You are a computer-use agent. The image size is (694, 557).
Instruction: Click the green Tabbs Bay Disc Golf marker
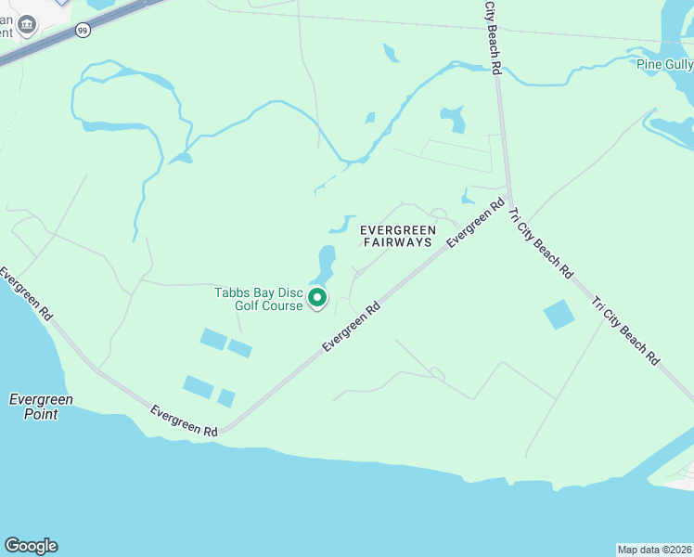tap(317, 298)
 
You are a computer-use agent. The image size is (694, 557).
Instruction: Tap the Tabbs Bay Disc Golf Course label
tap(259, 299)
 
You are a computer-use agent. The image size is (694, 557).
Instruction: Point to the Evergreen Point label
tap(41, 407)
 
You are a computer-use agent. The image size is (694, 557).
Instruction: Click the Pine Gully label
tap(664, 64)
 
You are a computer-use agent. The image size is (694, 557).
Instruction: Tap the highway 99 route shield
tap(84, 31)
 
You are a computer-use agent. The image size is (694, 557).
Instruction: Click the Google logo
tap(31, 546)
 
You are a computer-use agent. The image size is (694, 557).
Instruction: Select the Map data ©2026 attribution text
tap(655, 549)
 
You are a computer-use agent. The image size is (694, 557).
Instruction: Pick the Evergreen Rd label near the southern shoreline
tap(184, 421)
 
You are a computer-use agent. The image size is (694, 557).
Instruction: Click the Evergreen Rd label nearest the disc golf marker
tap(352, 326)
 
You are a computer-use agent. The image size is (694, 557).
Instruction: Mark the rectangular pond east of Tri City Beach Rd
tap(559, 315)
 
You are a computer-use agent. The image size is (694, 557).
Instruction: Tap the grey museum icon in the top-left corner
tap(27, 24)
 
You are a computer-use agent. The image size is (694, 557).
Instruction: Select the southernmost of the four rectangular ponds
tap(225, 397)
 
